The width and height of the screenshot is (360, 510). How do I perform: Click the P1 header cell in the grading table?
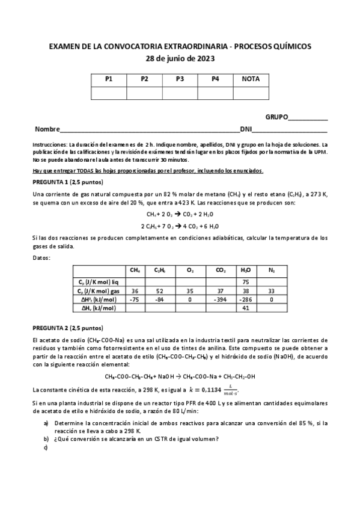pyautogui.click(x=109, y=79)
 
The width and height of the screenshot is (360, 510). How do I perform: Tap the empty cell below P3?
pyautogui.click(x=180, y=92)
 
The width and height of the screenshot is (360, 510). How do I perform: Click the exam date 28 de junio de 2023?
pyautogui.click(x=180, y=58)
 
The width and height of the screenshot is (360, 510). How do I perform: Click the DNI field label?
pyautogui.click(x=246, y=129)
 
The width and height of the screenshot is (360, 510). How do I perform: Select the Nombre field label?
pyautogui.click(x=47, y=129)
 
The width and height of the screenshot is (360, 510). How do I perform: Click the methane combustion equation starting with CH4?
pyautogui.click(x=180, y=214)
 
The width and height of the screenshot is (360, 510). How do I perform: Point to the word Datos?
pyautogui.click(x=42, y=257)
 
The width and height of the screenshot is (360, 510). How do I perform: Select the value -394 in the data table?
pyautogui.click(x=221, y=299)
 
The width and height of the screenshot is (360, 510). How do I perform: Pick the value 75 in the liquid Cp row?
pyautogui.click(x=245, y=281)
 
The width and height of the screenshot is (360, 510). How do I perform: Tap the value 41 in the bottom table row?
pyautogui.click(x=245, y=308)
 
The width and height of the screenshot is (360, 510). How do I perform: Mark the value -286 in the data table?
pyautogui.click(x=245, y=299)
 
